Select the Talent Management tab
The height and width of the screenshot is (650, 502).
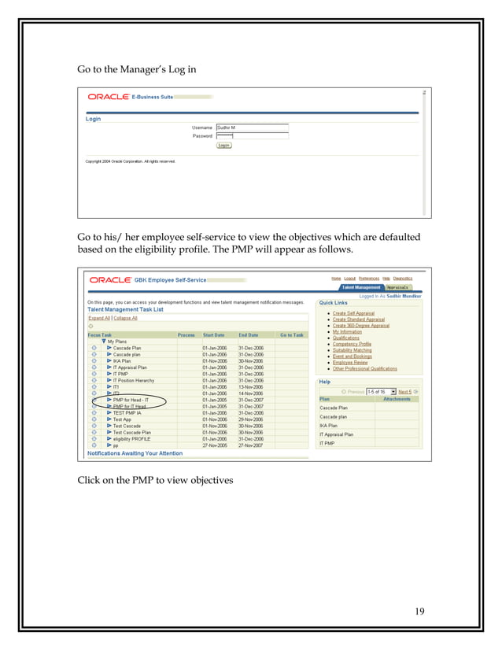point(361,288)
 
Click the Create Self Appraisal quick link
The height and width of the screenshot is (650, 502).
point(353,313)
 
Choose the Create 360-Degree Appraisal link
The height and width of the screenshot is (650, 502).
point(360,326)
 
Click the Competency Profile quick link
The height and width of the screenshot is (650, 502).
point(352,344)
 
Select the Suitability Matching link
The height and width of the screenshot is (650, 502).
point(352,350)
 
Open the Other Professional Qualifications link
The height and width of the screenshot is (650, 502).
point(364,368)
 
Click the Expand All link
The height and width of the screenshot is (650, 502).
point(99,318)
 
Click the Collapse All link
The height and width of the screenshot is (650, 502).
point(125,318)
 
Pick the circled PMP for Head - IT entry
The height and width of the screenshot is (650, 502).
point(131,400)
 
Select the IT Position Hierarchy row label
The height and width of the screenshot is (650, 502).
point(137,380)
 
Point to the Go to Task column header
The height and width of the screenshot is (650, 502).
point(291,334)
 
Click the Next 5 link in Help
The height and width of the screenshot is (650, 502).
point(404,391)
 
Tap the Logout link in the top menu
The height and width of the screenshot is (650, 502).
point(349,279)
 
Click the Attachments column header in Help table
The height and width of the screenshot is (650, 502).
point(397,399)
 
